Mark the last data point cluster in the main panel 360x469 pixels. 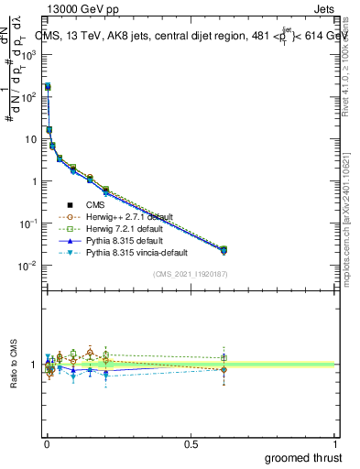[224, 249]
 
